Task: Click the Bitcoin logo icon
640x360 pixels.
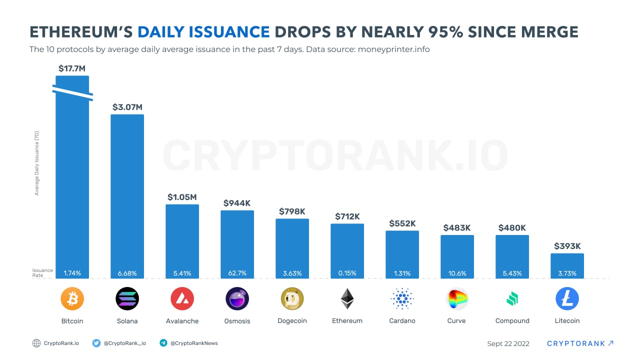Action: [x=72, y=299]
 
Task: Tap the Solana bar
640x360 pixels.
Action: [x=127, y=195]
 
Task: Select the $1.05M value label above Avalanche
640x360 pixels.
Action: [x=182, y=197]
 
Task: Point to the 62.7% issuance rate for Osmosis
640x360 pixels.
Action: [x=237, y=273]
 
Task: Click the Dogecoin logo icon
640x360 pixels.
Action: [x=292, y=299]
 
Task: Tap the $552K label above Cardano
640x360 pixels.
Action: [x=402, y=223]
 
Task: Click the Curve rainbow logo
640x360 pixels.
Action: [x=457, y=299]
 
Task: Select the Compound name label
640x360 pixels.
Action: [x=512, y=321]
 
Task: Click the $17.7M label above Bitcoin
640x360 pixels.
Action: [x=72, y=68]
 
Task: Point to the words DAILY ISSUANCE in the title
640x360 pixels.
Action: [x=203, y=32]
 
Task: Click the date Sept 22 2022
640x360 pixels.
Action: [x=508, y=343]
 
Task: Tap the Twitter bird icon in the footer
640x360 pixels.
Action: [x=96, y=343]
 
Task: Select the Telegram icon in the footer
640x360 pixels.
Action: [x=163, y=343]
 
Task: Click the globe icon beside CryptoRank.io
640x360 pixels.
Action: [x=36, y=343]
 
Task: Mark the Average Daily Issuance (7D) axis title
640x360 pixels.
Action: [x=37, y=163]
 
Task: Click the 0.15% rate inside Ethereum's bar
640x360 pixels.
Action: [x=347, y=273]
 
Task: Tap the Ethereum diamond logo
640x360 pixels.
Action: [x=347, y=299]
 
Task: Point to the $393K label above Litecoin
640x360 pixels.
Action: [x=567, y=246]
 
